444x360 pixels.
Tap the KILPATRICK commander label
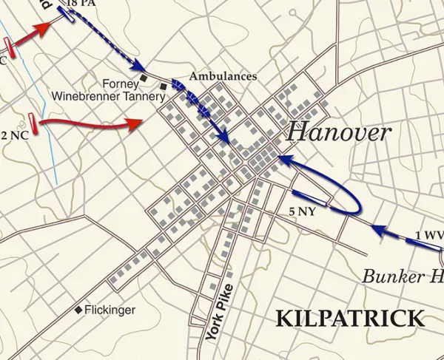(350, 319)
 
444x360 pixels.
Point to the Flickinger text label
(110, 310)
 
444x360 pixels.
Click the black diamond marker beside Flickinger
(78, 310)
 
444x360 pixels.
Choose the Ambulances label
(223, 76)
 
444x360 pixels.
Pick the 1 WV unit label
(428, 235)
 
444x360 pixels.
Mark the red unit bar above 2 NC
(33, 119)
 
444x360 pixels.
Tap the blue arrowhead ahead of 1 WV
(375, 229)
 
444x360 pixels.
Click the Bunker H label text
(403, 277)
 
